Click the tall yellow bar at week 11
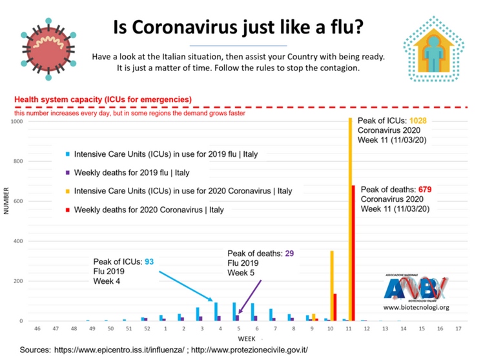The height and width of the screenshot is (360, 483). pyautogui.click(x=350, y=219)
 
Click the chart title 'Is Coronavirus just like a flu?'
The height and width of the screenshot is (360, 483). pyautogui.click(x=238, y=27)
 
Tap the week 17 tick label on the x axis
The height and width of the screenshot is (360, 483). pyautogui.click(x=458, y=329)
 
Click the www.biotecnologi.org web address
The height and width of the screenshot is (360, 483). pyautogui.click(x=416, y=308)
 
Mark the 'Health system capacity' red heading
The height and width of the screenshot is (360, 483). pyautogui.click(x=103, y=99)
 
